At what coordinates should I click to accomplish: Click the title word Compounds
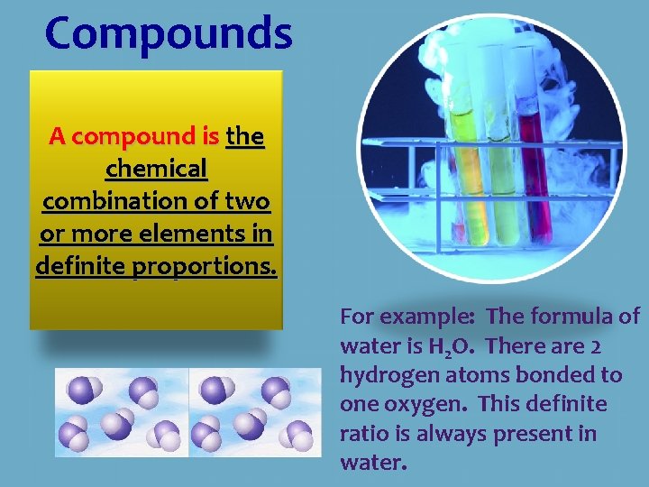click(x=169, y=33)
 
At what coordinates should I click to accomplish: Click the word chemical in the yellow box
click(x=156, y=169)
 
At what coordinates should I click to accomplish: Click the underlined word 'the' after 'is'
click(x=245, y=137)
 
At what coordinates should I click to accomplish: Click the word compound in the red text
click(x=134, y=137)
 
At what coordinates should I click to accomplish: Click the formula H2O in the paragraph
click(x=453, y=347)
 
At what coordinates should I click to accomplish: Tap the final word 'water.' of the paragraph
click(x=373, y=463)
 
